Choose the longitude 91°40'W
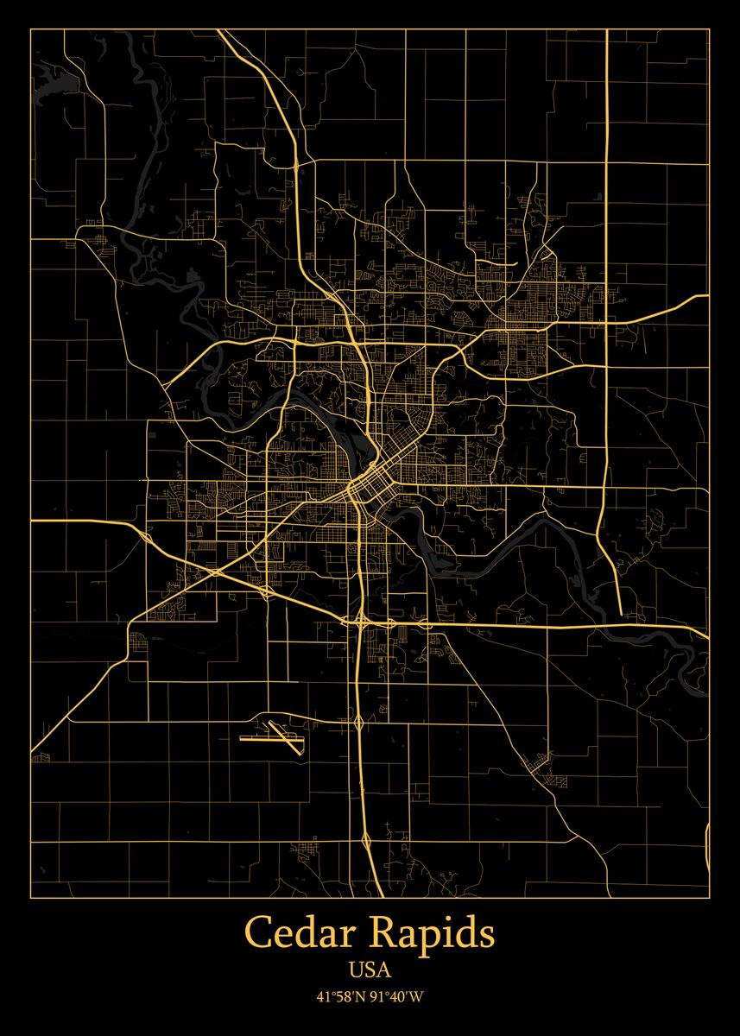click(x=398, y=996)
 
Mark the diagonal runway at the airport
click(x=286, y=736)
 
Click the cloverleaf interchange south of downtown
click(x=359, y=620)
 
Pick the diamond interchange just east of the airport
click(x=357, y=718)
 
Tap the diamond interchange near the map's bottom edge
click(x=368, y=839)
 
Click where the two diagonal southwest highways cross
click(x=215, y=571)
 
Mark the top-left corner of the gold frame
click(x=31, y=29)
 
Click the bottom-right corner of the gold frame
click(x=709, y=898)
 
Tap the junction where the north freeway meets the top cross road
click(x=296, y=161)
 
